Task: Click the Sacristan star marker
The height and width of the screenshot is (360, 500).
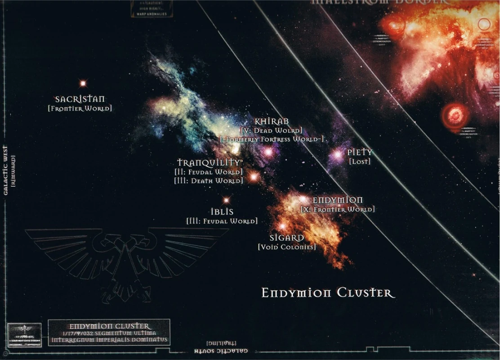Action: point(83,83)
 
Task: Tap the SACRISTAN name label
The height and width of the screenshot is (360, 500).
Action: point(80,99)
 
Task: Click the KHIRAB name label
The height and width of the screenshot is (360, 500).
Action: point(272,122)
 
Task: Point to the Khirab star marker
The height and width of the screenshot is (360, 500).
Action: point(268,152)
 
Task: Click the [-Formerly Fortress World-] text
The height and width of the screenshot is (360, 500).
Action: point(272,139)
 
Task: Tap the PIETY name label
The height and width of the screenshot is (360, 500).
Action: point(360,152)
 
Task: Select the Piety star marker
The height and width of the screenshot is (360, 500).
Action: point(337,154)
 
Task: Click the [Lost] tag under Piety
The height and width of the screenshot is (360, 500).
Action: point(360,161)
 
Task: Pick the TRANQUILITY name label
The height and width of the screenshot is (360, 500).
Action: point(209,162)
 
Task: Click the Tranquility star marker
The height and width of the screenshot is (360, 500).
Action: point(254,176)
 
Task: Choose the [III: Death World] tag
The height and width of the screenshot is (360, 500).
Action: point(209,180)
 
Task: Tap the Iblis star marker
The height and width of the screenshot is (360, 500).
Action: point(226,200)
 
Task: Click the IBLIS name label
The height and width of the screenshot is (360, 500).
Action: point(222,211)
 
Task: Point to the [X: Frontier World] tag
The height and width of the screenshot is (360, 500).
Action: point(337,209)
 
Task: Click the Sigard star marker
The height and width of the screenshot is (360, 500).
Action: point(282,226)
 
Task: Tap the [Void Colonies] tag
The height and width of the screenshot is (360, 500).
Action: point(287,247)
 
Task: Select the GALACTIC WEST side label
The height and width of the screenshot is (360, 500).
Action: point(6,171)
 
